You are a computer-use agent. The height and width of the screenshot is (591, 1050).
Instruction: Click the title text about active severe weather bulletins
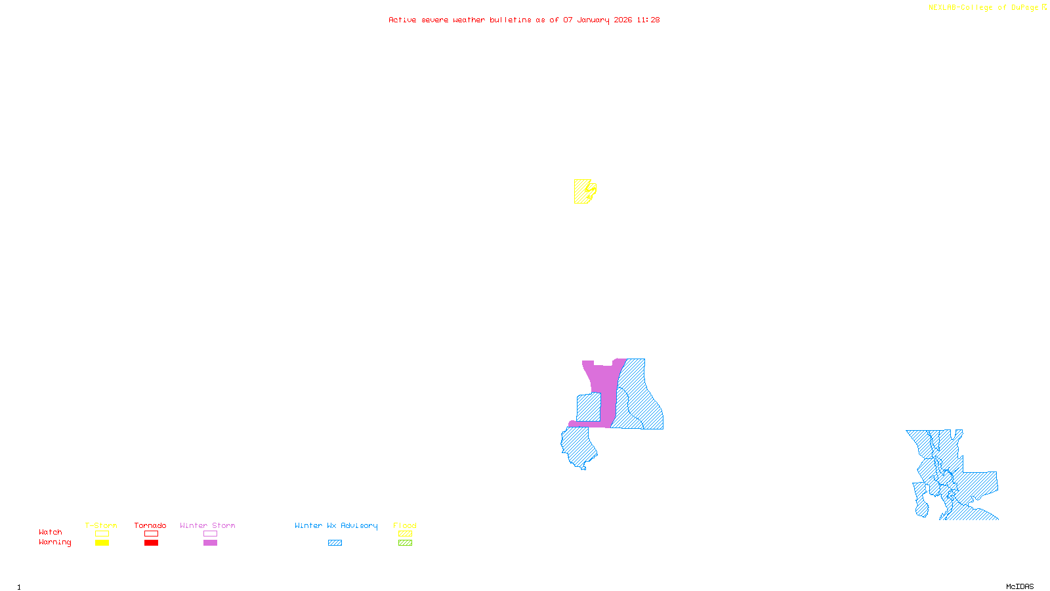[x=524, y=20]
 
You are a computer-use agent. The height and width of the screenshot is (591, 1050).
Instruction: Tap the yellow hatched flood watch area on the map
[x=581, y=192]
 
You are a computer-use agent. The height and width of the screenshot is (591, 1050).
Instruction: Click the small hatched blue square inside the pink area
[x=588, y=407]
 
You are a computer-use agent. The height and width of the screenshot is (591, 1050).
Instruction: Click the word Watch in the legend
[x=51, y=532]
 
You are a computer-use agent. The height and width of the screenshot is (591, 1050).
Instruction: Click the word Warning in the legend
[x=54, y=542]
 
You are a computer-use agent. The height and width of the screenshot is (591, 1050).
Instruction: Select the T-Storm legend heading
[x=101, y=525]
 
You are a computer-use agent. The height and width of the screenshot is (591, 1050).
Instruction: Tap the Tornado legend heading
[x=150, y=525]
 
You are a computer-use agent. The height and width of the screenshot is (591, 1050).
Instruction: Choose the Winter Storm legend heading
[x=207, y=525]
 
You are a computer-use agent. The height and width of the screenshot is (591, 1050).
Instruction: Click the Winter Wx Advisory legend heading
[x=336, y=525]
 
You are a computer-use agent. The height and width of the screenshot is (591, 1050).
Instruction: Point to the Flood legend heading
[x=405, y=525]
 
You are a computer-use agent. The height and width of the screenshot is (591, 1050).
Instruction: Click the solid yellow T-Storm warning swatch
[x=102, y=543]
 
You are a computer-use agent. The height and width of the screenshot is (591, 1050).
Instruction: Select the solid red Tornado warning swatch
[x=151, y=543]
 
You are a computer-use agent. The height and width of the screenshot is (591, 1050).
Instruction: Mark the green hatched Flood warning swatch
[x=406, y=543]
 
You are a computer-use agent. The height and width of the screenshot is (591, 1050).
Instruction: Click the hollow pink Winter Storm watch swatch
[x=210, y=534]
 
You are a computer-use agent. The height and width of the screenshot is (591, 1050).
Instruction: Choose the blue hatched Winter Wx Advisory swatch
[x=335, y=543]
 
